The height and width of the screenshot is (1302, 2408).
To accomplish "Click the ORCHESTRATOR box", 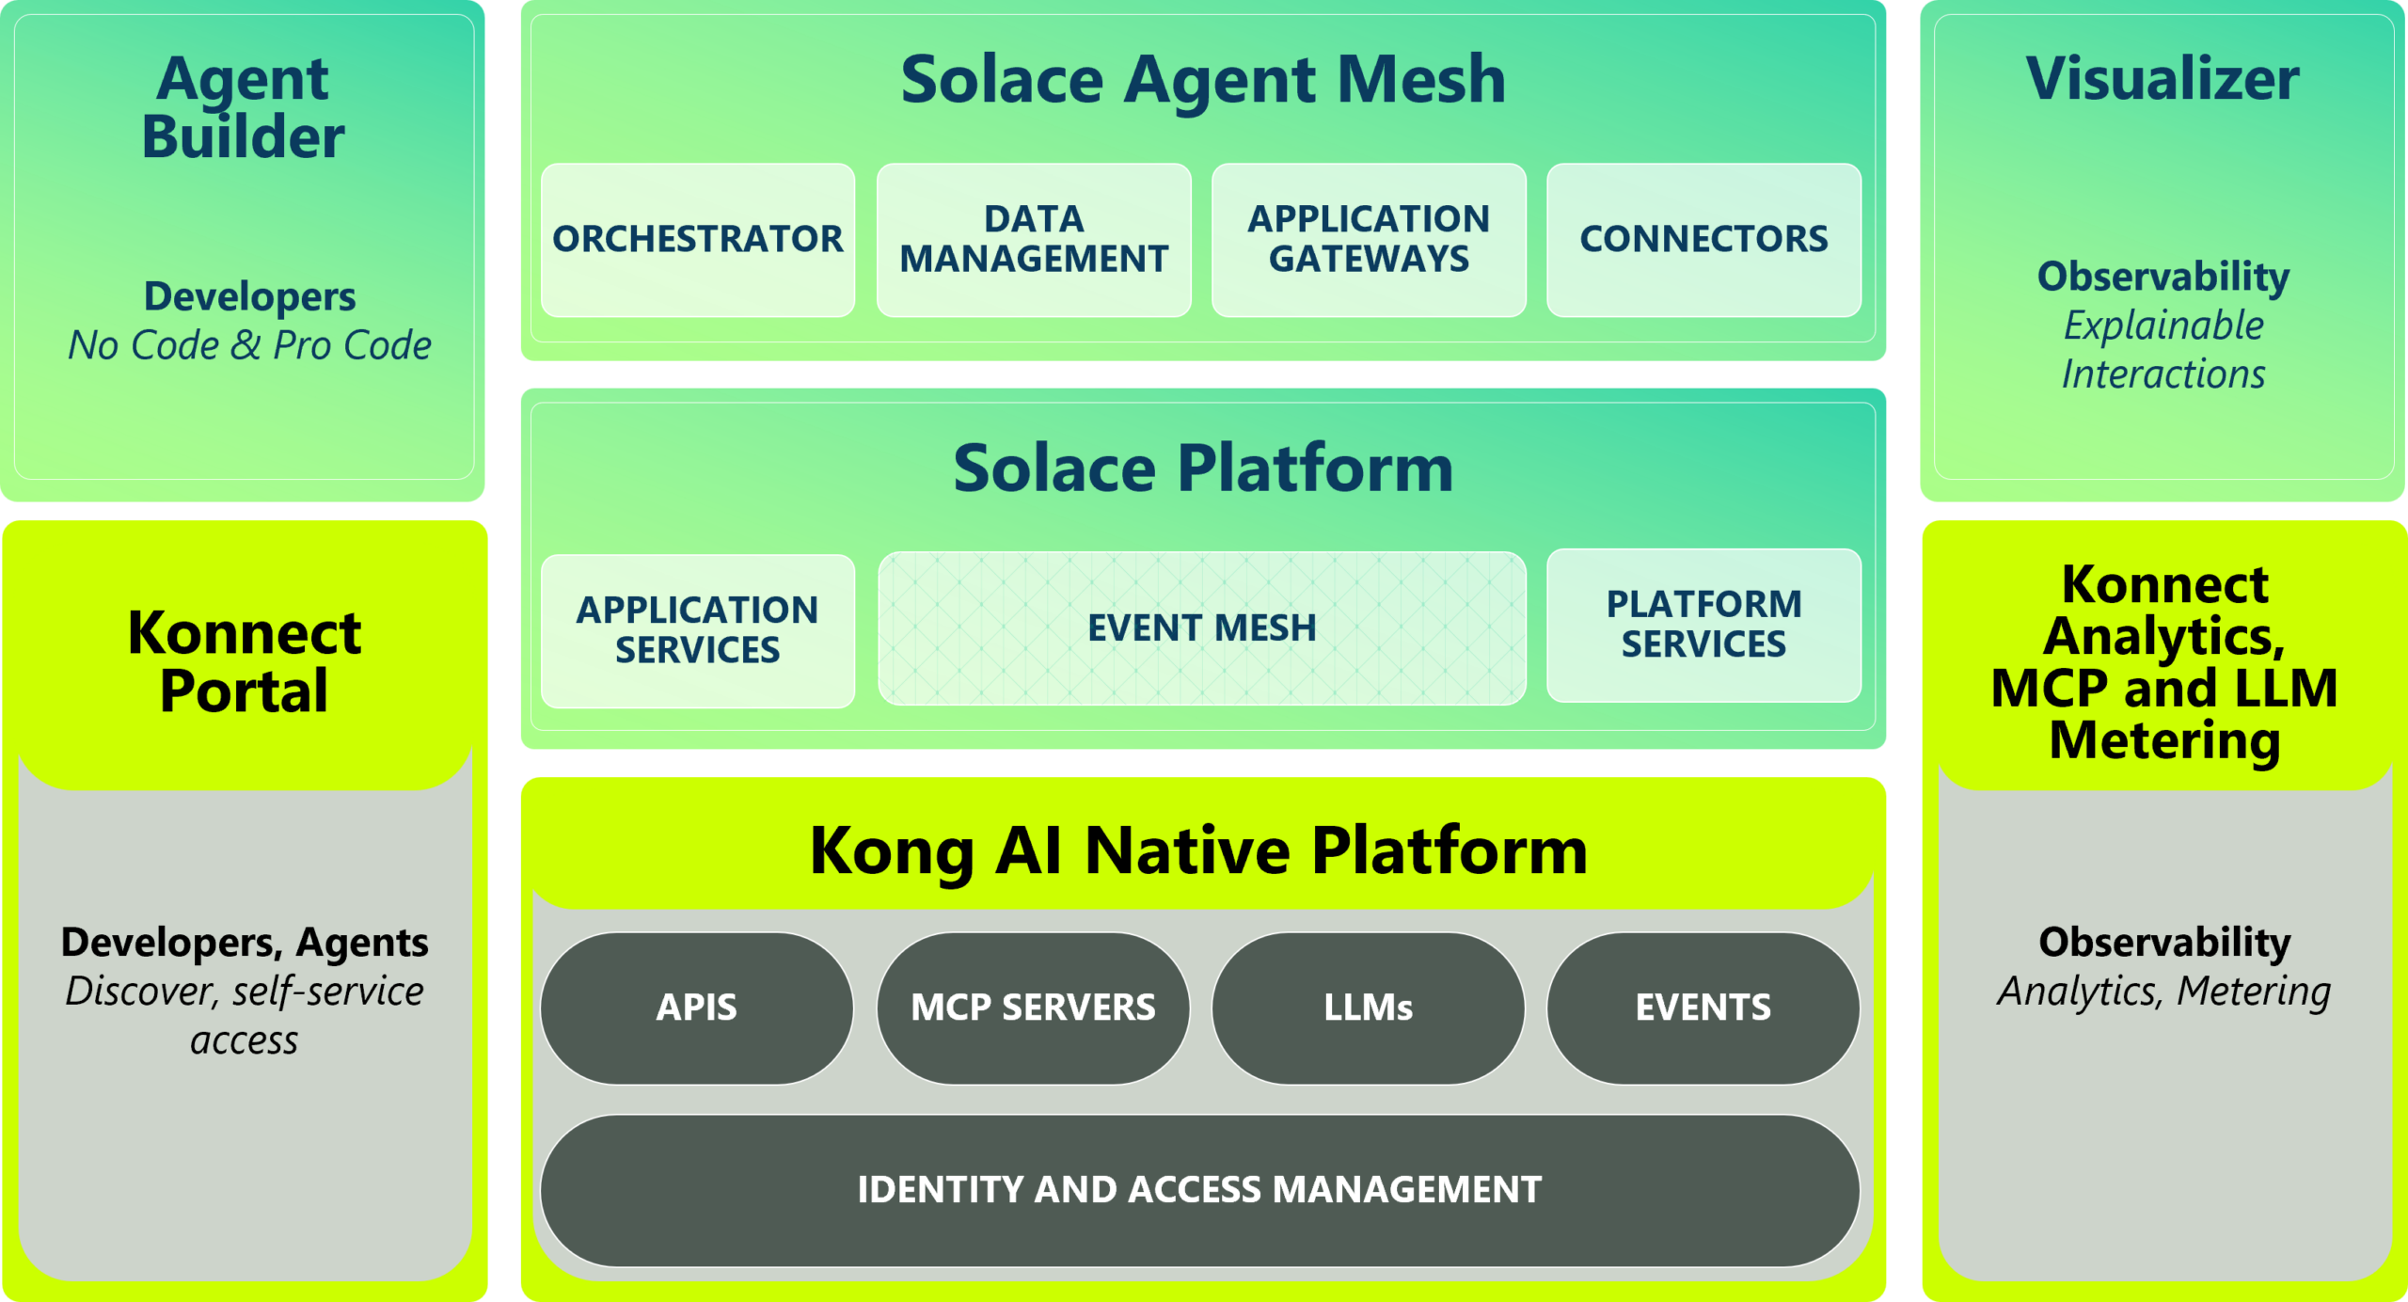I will click(x=697, y=240).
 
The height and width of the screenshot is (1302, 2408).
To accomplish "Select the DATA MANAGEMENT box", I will click(x=1033, y=240).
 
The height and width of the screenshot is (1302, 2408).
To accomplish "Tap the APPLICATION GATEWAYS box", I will click(x=1369, y=240).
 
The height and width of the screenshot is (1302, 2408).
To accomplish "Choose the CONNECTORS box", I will click(x=1703, y=240).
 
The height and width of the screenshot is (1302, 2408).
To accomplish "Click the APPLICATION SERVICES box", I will click(x=697, y=630).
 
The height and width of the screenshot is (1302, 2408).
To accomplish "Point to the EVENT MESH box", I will click(x=1201, y=628).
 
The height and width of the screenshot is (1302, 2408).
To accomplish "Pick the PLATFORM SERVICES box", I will click(x=1703, y=625).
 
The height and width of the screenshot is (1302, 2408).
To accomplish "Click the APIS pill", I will click(x=696, y=1008).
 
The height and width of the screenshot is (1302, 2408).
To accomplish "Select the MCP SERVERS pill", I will click(x=1033, y=1008).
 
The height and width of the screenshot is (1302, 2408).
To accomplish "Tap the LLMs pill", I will click(x=1368, y=1008).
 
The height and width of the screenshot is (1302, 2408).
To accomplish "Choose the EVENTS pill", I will click(x=1703, y=1008).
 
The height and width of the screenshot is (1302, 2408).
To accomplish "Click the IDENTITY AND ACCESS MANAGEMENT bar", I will click(x=1199, y=1190).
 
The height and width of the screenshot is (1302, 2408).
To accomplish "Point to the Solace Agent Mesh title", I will click(x=1203, y=80).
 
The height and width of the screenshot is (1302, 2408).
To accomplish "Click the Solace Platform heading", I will click(x=1203, y=468).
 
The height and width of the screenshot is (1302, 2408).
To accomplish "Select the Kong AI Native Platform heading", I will click(x=1198, y=850).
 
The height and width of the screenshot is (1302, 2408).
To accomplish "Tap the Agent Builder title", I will click(x=243, y=107).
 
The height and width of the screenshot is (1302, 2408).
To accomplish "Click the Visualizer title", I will click(x=2162, y=79).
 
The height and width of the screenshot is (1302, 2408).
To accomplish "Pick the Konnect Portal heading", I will click(x=244, y=661).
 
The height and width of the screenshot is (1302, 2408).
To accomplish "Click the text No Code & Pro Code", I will click(x=249, y=345).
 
